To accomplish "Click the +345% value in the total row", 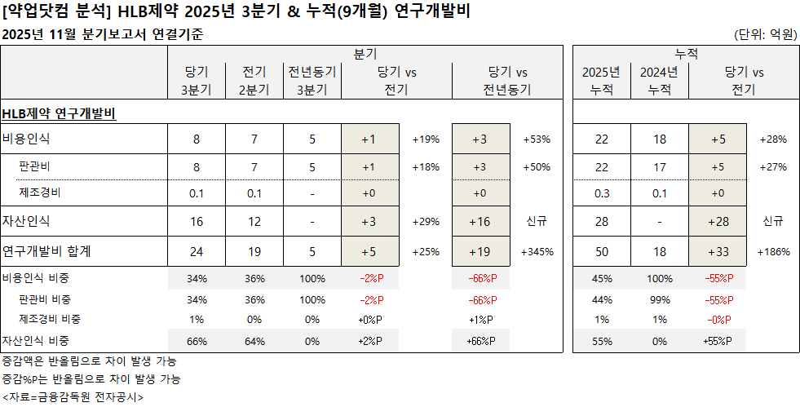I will coord(537,252).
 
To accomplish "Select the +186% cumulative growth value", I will coord(774,252).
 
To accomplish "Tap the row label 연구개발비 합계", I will coord(46,252).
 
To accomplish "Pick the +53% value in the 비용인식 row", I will coord(537,139).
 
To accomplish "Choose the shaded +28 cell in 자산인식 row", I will coord(718,222).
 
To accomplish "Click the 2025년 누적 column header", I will coord(602,81).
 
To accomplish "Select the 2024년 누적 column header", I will coord(659,81).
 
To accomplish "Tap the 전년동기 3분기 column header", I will coord(312,81).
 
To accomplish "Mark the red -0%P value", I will coord(718,319).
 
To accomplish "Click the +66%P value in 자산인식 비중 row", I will coord(481,341).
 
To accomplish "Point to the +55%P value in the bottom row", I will coord(718,341).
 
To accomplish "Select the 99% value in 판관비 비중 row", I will coord(659,299).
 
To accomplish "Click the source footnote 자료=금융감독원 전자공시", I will coord(73,397).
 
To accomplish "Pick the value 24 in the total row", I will coord(197,252).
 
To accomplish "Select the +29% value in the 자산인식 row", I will coord(426,222).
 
